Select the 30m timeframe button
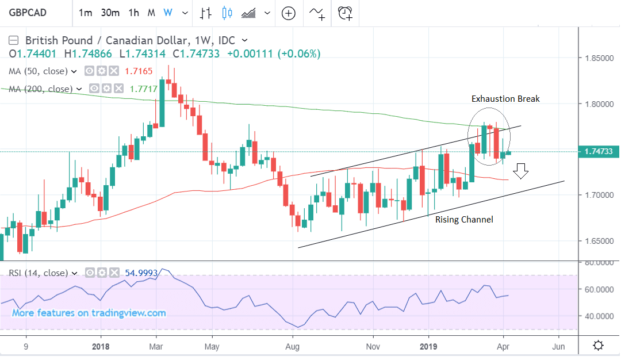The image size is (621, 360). [110, 13]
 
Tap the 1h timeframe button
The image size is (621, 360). [133, 13]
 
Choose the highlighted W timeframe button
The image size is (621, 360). [168, 13]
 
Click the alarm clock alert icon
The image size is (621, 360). [346, 13]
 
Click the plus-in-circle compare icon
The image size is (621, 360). [289, 13]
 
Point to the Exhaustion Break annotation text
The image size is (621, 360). [505, 99]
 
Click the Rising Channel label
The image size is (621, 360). [464, 219]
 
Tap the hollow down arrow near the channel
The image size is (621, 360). [522, 171]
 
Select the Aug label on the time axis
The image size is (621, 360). [293, 346]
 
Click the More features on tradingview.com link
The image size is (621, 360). [89, 313]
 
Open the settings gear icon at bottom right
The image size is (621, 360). [598, 346]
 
